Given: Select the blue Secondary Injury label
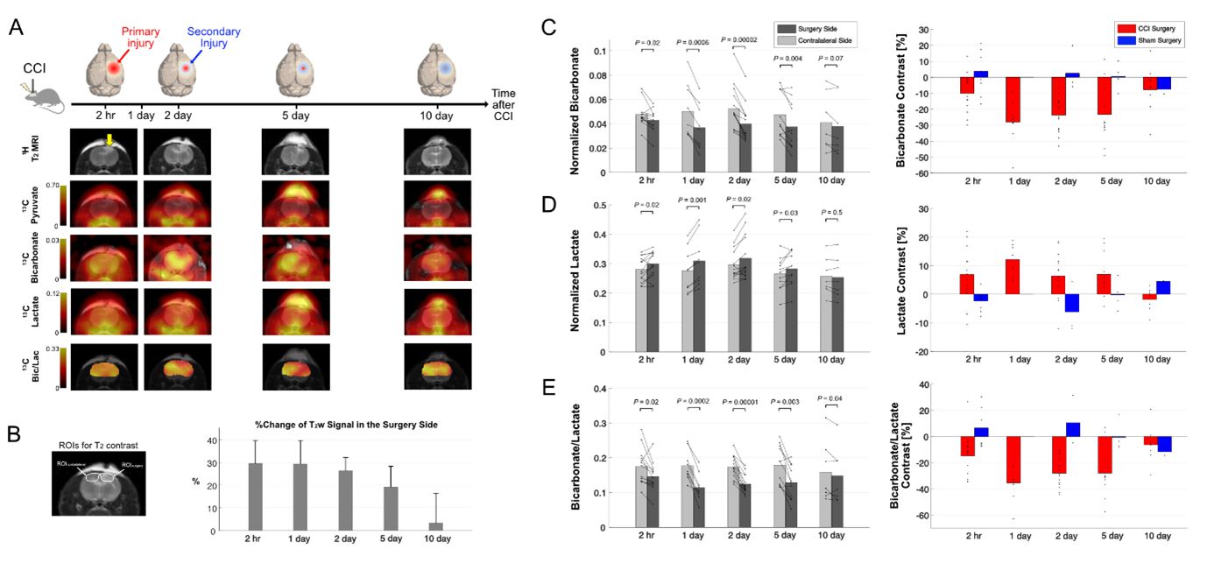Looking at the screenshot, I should pyautogui.click(x=213, y=38).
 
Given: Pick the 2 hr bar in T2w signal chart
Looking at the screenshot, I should pyautogui.click(x=257, y=496).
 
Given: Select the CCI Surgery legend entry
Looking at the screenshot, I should pyautogui.click(x=1149, y=29).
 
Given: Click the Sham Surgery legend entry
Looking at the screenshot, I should pyautogui.click(x=1149, y=40).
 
